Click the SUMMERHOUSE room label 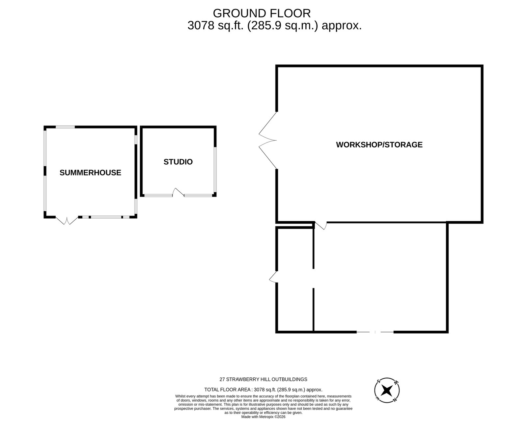(90, 173)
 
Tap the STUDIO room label (178, 162)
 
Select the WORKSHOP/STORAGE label (379, 145)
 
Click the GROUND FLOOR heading (262, 13)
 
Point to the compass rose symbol (387, 391)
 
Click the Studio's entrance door (178, 192)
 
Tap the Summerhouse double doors (67, 220)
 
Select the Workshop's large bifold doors (267, 140)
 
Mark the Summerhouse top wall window (65, 127)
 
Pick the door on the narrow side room (273, 277)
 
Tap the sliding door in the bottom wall (375, 332)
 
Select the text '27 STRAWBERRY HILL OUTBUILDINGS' (263, 379)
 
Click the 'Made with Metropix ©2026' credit (263, 417)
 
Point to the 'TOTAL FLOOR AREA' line (263, 390)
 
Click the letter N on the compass (395, 400)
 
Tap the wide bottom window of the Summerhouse (106, 217)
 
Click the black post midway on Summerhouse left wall (45, 171)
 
